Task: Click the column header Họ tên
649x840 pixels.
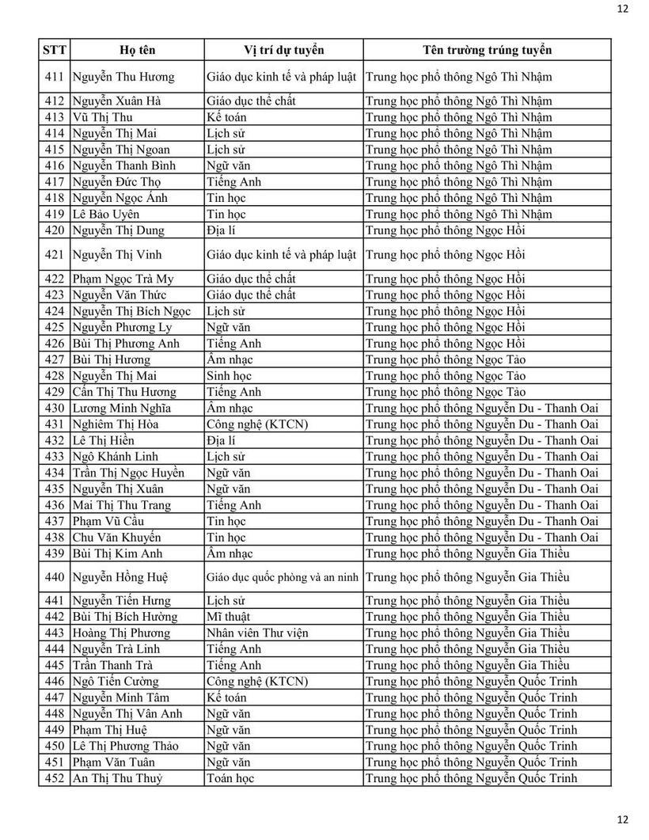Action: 137,50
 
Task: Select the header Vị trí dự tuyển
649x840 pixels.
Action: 283,50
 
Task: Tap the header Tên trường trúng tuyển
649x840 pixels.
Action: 487,50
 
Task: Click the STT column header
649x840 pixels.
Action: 55,50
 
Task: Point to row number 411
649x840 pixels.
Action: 55,78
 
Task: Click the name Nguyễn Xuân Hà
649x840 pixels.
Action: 116,101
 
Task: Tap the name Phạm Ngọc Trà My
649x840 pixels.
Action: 123,279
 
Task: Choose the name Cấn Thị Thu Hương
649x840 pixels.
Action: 124,392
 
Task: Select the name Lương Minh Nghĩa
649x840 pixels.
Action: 121,408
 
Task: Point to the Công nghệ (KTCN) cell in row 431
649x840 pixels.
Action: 256,424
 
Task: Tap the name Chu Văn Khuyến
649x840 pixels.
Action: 116,538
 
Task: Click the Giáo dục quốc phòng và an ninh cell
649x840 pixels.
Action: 283,577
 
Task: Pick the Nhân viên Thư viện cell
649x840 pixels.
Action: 256,633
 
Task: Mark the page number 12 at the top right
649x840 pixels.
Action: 622,9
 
